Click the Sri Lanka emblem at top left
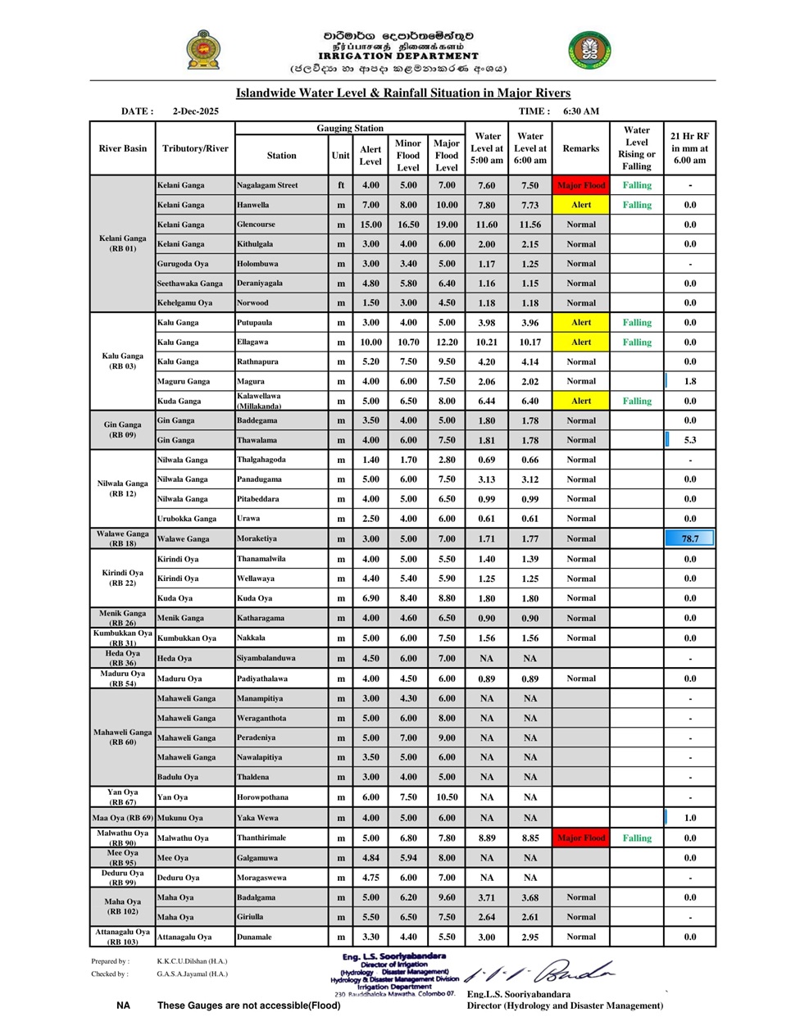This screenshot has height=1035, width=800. click(202, 50)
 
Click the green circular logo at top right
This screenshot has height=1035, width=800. click(589, 51)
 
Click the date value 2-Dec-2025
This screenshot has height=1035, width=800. click(195, 111)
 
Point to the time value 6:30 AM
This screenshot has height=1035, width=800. click(580, 111)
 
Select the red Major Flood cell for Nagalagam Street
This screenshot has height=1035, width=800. click(580, 185)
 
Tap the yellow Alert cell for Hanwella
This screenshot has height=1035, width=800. click(580, 205)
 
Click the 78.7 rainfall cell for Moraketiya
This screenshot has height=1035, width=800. click(689, 538)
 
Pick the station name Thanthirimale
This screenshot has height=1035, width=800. click(261, 838)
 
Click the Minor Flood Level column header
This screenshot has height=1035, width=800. click(407, 155)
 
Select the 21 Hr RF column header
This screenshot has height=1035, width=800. click(689, 148)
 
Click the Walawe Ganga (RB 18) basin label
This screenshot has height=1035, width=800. click(122, 538)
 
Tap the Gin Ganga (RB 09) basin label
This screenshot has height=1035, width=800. click(122, 429)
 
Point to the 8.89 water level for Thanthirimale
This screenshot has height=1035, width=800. click(487, 838)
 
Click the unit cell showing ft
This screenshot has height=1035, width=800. click(340, 185)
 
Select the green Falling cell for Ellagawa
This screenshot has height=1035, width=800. click(636, 342)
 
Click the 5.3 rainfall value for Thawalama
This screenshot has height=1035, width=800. click(690, 440)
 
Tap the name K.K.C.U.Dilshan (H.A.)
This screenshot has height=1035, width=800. click(192, 961)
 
